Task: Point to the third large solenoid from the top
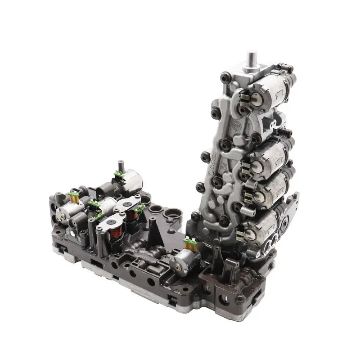click(x=270, y=186)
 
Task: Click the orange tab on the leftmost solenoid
click(x=75, y=196)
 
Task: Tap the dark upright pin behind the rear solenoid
click(x=121, y=165)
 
